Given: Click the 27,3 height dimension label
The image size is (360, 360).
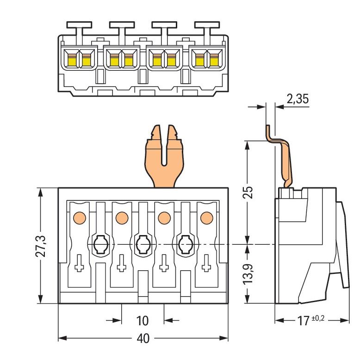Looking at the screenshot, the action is coord(41,246).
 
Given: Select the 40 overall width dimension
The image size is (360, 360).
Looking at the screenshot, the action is coord(143,339).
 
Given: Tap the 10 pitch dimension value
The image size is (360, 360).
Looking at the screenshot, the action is coord(143,321).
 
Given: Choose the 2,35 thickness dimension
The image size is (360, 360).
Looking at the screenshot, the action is coord(298,99).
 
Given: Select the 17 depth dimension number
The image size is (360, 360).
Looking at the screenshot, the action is coord(303,321).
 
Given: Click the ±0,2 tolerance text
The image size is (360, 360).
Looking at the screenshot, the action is coord(318,318).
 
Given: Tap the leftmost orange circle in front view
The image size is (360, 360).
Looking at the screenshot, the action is coord(80,217).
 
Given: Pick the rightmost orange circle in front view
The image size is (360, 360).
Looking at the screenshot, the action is coord(207,217).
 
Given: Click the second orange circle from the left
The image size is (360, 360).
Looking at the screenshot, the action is coord(122,217).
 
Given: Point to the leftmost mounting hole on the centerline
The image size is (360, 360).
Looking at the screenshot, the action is coord(100,244).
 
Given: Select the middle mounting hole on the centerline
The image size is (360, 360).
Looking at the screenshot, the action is coord(143,244).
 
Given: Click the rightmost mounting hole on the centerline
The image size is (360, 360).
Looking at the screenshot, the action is coord(186,244).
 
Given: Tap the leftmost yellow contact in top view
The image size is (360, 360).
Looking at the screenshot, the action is coord(71,61).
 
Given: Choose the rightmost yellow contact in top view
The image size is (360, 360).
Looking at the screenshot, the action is coord(214,61).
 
